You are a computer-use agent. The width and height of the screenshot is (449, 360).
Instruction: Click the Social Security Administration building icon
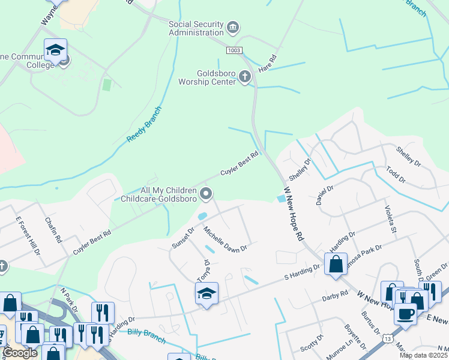pos(233,28)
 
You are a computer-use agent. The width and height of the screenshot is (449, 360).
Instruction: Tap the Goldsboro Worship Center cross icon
pos(244,77)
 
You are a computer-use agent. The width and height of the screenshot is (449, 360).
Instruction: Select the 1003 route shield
pos(234,50)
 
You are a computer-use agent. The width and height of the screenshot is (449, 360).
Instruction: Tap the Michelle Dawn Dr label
pos(225,239)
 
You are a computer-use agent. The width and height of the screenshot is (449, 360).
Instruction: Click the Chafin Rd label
pos(53,230)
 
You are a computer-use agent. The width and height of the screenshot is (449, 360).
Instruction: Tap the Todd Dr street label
pos(396,175)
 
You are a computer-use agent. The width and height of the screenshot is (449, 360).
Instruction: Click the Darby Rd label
pos(335,295)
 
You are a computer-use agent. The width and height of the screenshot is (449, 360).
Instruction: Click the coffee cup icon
pos(406,313)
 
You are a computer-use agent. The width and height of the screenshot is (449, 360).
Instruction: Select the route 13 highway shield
pos(388,340)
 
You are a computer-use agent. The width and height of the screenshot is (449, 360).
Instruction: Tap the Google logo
pos(20,353)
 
